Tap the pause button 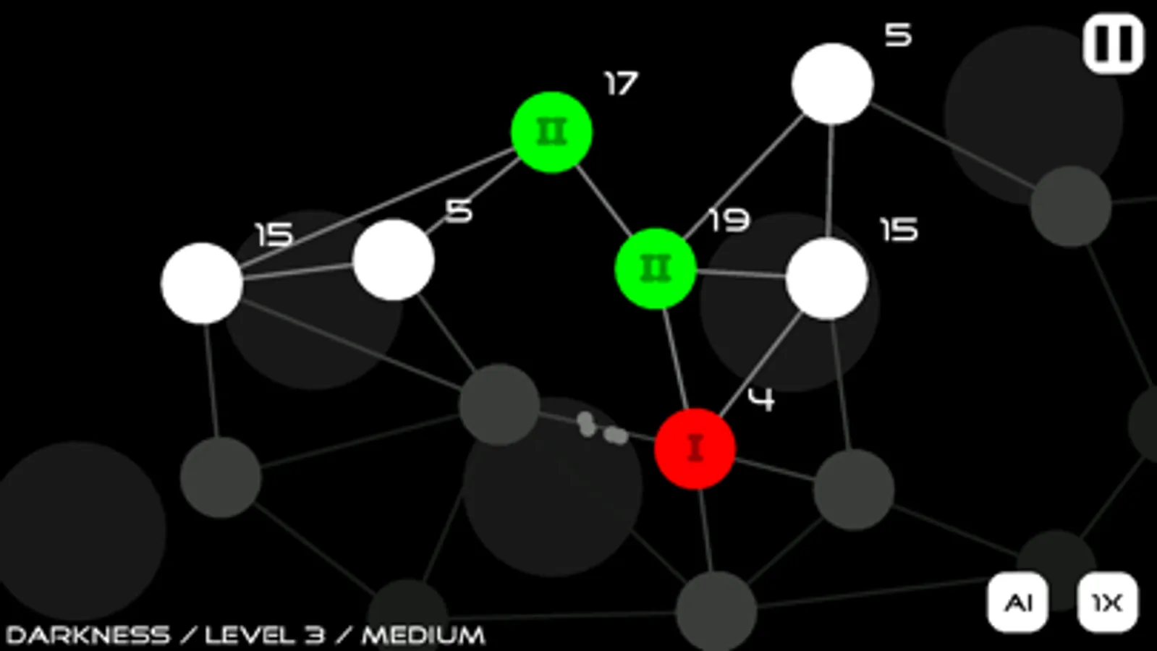pyautogui.click(x=1113, y=43)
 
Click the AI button pyautogui.click(x=1017, y=602)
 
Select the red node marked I pyautogui.click(x=695, y=448)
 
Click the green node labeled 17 pyautogui.click(x=551, y=132)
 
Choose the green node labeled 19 pyautogui.click(x=656, y=268)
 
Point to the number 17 pyautogui.click(x=621, y=84)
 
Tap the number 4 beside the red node pyautogui.click(x=761, y=399)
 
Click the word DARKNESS pyautogui.click(x=88, y=635)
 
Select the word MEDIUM pyautogui.click(x=423, y=635)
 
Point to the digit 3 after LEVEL pyautogui.click(x=313, y=635)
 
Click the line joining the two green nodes pyautogui.click(x=603, y=200)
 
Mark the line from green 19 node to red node pyautogui.click(x=675, y=359)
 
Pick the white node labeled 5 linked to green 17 pyautogui.click(x=393, y=260)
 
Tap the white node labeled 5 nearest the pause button pyautogui.click(x=833, y=84)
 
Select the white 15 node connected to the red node pyautogui.click(x=826, y=278)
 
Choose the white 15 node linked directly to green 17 pyautogui.click(x=201, y=284)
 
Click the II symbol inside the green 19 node pyautogui.click(x=656, y=268)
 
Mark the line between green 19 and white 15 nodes pyautogui.click(x=741, y=273)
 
